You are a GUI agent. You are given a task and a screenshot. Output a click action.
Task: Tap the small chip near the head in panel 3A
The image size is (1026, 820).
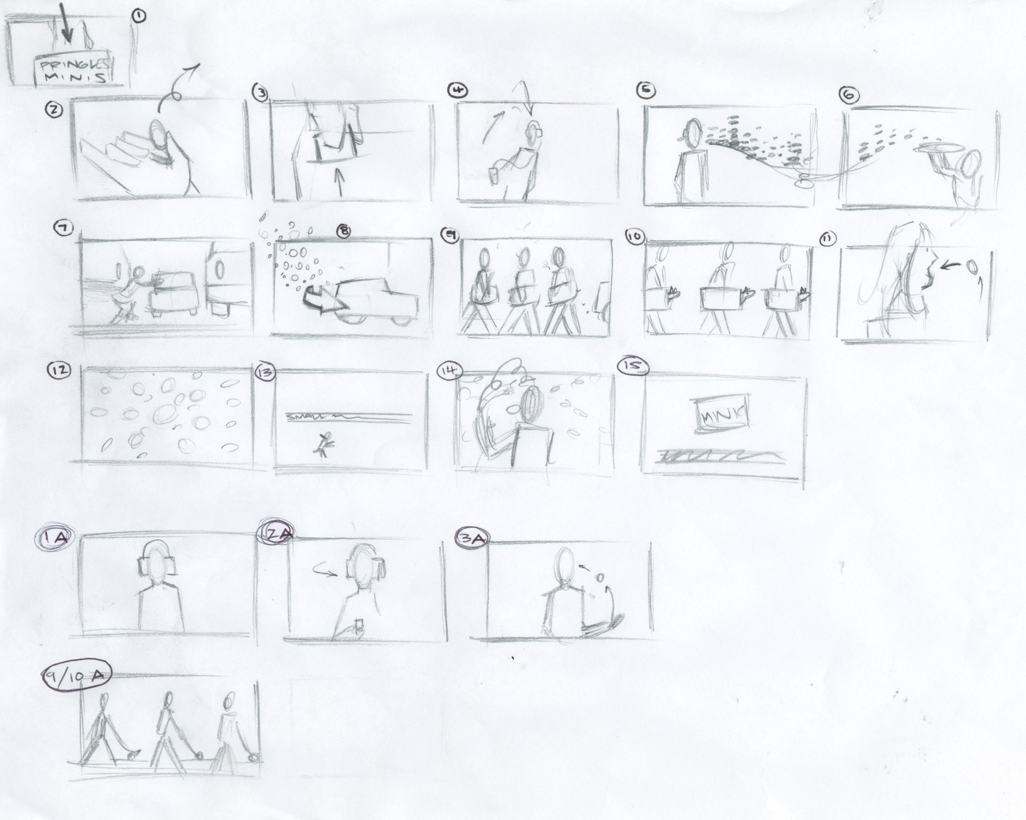(x=600, y=577)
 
